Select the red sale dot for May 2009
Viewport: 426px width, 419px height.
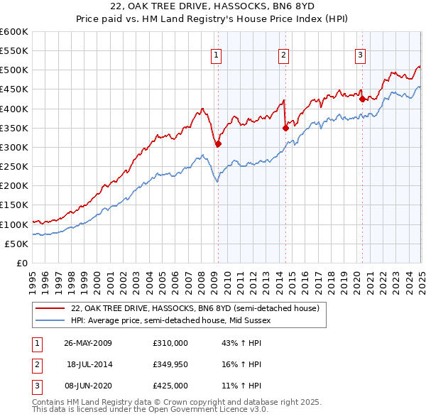(x=218, y=143)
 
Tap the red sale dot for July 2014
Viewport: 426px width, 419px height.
(x=285, y=129)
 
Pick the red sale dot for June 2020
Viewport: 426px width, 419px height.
(x=362, y=99)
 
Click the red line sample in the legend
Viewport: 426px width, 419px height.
(x=50, y=309)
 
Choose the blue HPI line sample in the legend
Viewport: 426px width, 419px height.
(x=50, y=321)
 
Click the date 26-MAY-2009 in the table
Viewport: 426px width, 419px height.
(x=88, y=343)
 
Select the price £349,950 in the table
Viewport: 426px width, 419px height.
(x=170, y=364)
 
